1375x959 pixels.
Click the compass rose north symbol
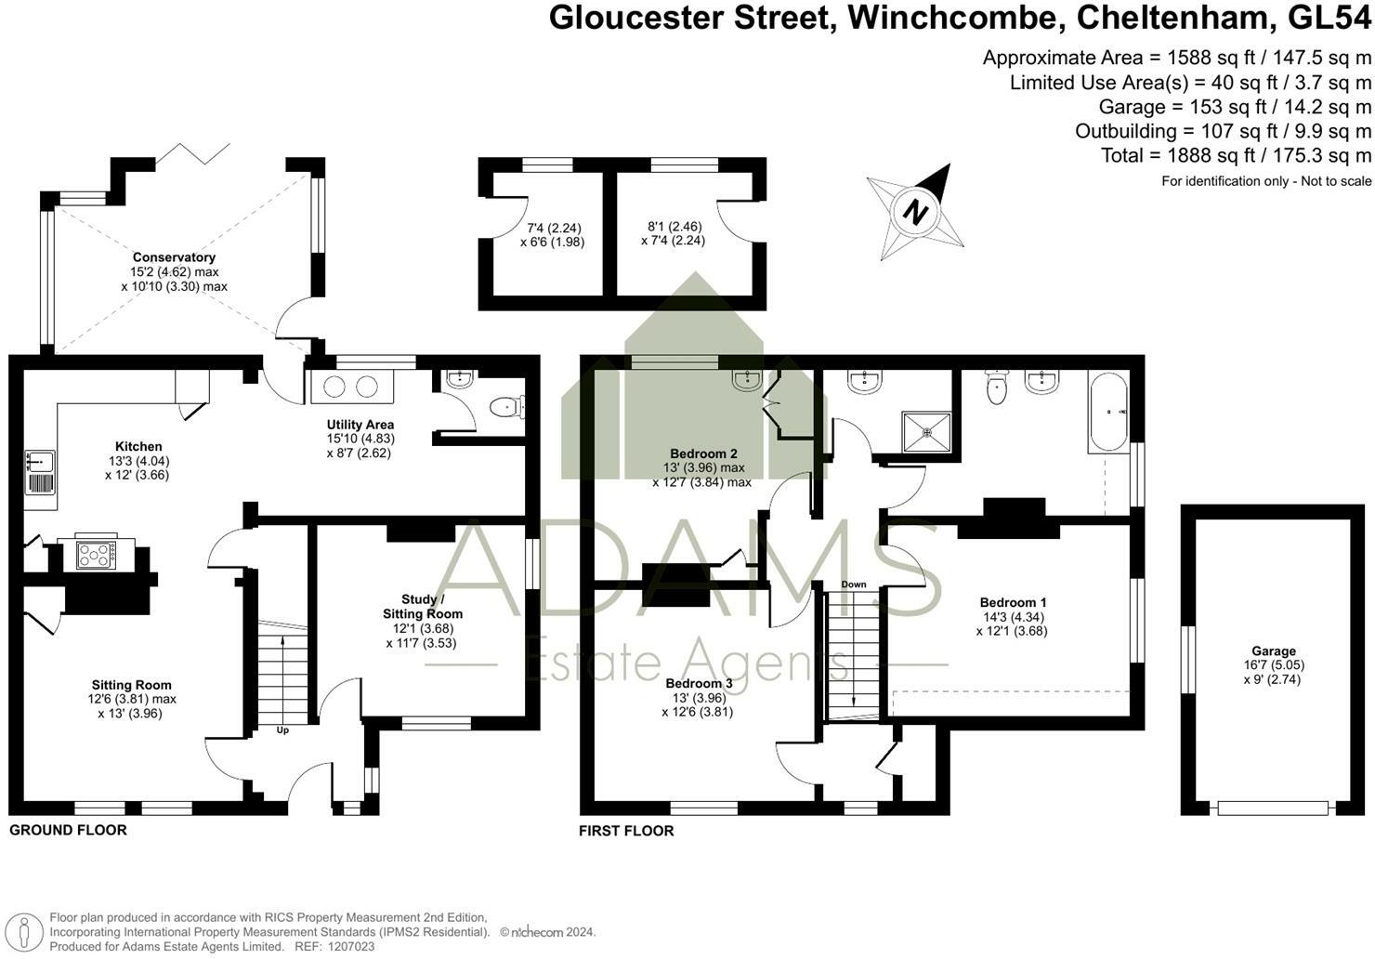pyautogui.click(x=916, y=212)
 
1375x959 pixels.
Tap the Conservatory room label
pyautogui.click(x=174, y=257)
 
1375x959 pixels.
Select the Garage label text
pyautogui.click(x=1273, y=651)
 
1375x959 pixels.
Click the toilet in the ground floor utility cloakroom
pyautogui.click(x=507, y=406)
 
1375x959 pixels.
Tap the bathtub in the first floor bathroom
pyautogui.click(x=1108, y=411)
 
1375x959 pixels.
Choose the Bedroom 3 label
pyautogui.click(x=699, y=684)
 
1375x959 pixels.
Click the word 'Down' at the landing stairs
pyautogui.click(x=853, y=585)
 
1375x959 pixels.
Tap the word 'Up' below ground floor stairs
pyautogui.click(x=282, y=730)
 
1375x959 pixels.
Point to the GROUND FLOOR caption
pyautogui.click(x=68, y=830)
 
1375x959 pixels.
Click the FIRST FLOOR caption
pyautogui.click(x=626, y=831)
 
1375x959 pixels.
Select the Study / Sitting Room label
pyautogui.click(x=423, y=607)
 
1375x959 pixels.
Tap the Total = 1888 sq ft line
pyautogui.click(x=1236, y=155)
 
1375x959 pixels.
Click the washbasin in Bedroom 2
pyautogui.click(x=746, y=379)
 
